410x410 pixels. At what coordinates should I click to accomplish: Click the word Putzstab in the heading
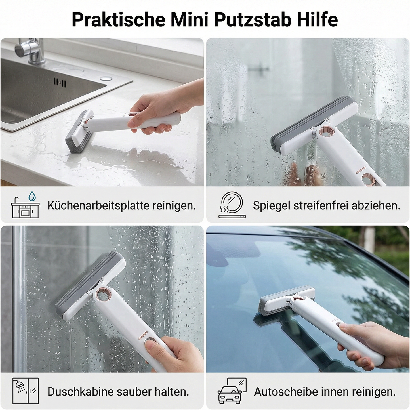tap(253, 20)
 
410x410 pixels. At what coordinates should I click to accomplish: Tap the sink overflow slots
tap(60, 83)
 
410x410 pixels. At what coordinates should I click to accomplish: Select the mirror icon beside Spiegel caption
tap(232, 205)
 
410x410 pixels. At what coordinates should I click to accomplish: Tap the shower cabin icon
tap(25, 391)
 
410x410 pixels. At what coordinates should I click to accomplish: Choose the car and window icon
tap(232, 391)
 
